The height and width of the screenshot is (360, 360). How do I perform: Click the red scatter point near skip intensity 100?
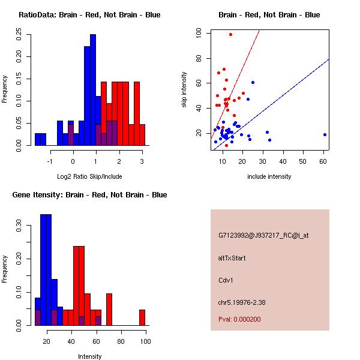pyautogui.click(x=230, y=34)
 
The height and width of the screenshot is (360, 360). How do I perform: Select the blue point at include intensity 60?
pyautogui.click(x=325, y=135)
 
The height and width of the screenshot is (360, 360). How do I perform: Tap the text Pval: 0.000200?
pyautogui.click(x=239, y=319)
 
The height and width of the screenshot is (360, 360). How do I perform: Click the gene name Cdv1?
pyautogui.click(x=226, y=280)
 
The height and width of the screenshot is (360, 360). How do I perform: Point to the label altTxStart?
pyautogui.click(x=232, y=258)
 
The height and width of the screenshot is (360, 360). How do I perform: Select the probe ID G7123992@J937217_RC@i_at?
pyautogui.click(x=263, y=235)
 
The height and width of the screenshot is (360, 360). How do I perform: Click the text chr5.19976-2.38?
pyautogui.click(x=242, y=302)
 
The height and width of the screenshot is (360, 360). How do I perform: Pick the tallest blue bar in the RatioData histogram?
pyautogui.click(x=93, y=90)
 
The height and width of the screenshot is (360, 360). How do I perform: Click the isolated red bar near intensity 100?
pyautogui.click(x=142, y=317)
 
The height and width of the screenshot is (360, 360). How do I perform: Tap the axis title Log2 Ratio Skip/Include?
pyautogui.click(x=89, y=176)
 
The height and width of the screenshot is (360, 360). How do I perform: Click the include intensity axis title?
pyautogui.click(x=269, y=176)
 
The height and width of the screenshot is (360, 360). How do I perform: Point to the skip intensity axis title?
pyautogui.click(x=184, y=90)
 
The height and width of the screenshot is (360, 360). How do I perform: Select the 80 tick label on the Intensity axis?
pyautogui.click(x=121, y=341)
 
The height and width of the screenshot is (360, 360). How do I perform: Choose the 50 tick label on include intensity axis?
pyautogui.click(x=302, y=161)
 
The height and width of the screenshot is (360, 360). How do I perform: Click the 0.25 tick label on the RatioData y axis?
pyautogui.click(x=19, y=34)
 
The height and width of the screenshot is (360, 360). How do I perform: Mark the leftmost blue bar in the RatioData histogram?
pyautogui.click(x=38, y=139)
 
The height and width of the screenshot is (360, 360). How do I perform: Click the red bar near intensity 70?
pyautogui.click(x=109, y=310)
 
